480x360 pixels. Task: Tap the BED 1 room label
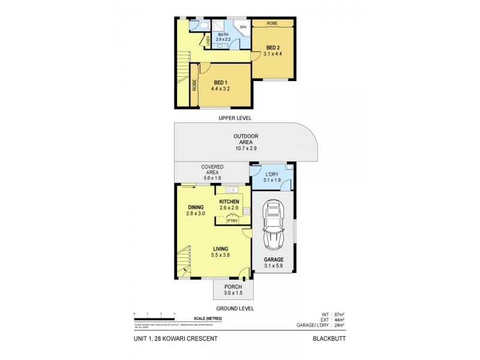(x=220, y=83)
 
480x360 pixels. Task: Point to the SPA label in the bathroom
(x=243, y=28)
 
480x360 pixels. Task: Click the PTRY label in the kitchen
(x=233, y=220)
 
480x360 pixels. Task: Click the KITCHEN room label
(x=229, y=202)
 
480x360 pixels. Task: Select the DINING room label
(x=195, y=208)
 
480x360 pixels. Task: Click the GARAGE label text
(x=274, y=260)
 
